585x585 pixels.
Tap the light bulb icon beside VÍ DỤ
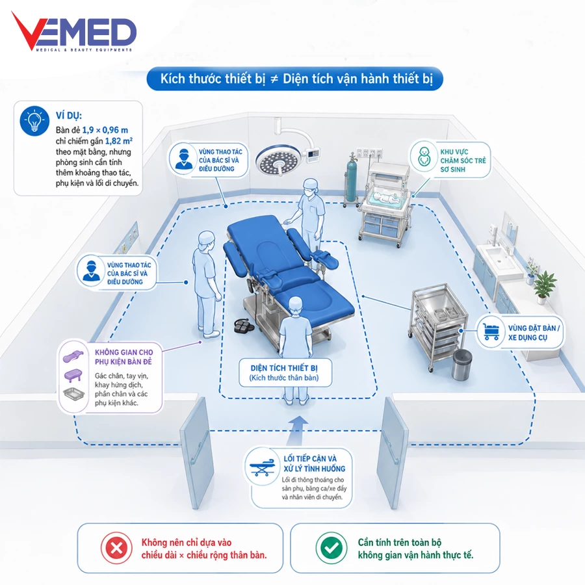point(34,120)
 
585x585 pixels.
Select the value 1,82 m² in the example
point(119,141)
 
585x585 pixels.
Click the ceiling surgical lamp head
point(278,161)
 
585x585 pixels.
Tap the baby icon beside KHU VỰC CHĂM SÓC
point(424,156)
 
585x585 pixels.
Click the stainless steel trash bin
point(462,364)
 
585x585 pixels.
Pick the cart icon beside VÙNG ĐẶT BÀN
point(491,331)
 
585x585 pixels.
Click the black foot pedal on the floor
point(243,326)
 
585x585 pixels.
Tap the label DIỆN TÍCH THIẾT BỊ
point(284,368)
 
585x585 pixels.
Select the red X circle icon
point(116,548)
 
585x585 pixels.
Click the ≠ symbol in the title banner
point(274,79)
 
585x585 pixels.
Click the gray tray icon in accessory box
point(74,394)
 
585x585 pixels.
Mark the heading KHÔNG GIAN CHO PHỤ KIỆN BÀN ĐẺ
point(124,357)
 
